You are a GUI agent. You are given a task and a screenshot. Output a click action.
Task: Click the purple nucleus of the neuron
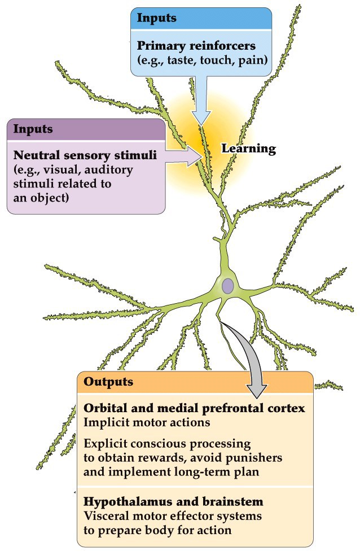(x=227, y=286)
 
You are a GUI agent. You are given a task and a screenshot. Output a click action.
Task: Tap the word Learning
(x=248, y=149)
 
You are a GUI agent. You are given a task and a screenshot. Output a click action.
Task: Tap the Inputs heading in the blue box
(x=157, y=18)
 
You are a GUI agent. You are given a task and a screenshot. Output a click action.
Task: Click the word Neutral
(x=36, y=155)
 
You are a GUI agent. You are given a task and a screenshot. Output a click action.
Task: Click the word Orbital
(x=104, y=408)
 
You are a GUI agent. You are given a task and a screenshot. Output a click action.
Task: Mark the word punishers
(x=253, y=456)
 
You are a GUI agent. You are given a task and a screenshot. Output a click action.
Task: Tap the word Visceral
(x=104, y=515)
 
